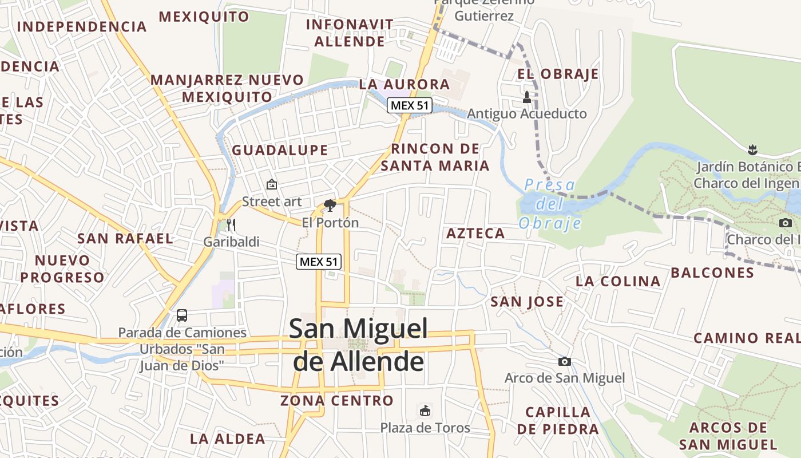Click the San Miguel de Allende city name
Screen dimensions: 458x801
(359, 345)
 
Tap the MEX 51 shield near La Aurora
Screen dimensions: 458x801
(409, 105)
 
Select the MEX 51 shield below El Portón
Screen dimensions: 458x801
(319, 262)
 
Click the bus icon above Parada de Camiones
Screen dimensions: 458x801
(182, 315)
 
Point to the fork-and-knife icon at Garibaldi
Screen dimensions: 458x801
(231, 224)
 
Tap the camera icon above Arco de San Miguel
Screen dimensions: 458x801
(564, 361)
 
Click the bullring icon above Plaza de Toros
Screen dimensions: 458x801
(425, 410)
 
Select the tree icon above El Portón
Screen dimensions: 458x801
(330, 205)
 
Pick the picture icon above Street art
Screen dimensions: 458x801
(272, 184)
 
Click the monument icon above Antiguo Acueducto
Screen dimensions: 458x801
(527, 97)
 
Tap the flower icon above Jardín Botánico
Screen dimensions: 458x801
(752, 151)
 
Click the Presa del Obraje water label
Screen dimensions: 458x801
(549, 204)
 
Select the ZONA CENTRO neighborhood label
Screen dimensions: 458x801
(337, 401)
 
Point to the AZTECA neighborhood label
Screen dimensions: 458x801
(475, 234)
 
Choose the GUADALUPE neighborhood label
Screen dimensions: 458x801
(280, 151)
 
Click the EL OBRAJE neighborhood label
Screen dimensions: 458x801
(558, 74)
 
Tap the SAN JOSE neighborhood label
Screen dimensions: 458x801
(527, 302)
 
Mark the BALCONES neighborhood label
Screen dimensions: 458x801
(712, 273)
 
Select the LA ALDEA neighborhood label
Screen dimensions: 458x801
(228, 439)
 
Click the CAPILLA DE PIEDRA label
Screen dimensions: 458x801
(558, 420)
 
